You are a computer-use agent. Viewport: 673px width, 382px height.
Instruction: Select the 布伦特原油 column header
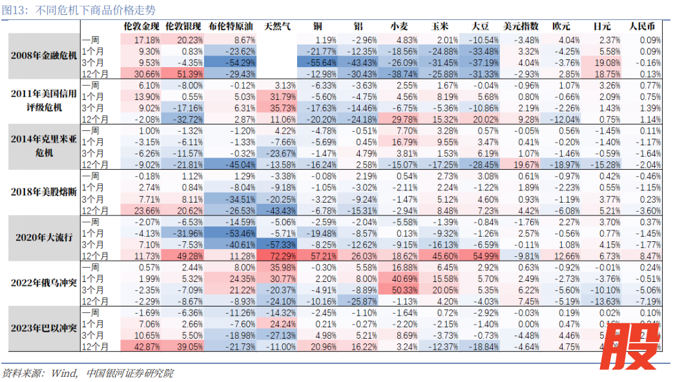click(x=231, y=27)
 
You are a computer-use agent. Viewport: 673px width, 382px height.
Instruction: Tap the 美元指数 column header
click(x=521, y=27)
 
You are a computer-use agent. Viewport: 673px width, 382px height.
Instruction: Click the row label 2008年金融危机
click(x=44, y=55)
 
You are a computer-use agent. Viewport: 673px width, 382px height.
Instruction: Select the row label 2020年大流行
click(x=44, y=237)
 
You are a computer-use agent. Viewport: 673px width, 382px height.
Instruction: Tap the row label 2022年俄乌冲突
click(x=44, y=282)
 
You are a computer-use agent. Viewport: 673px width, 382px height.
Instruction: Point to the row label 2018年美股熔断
click(x=44, y=192)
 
